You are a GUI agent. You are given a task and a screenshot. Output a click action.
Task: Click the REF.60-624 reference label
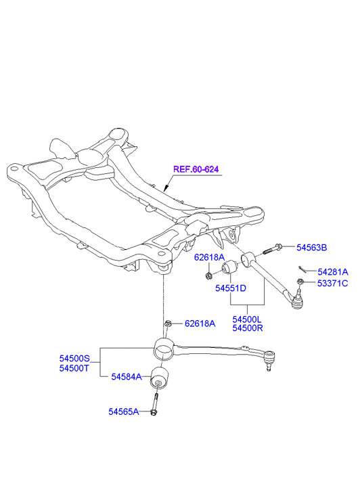click(x=196, y=169)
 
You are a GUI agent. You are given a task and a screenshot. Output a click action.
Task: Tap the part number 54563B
click(x=312, y=248)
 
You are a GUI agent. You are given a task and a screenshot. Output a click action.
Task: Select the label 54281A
click(x=333, y=272)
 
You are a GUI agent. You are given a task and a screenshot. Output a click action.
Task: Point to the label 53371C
click(x=332, y=284)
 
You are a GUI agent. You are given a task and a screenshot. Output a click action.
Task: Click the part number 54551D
click(x=230, y=288)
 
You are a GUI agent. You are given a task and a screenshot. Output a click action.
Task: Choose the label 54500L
click(x=247, y=319)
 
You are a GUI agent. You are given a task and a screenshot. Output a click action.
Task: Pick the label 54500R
click(x=247, y=328)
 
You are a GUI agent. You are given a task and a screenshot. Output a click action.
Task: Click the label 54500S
click(x=74, y=358)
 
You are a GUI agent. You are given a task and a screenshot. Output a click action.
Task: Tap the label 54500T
click(x=74, y=367)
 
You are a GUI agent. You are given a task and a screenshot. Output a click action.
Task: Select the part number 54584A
click(x=127, y=376)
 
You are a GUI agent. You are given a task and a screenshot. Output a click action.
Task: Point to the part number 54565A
click(x=124, y=411)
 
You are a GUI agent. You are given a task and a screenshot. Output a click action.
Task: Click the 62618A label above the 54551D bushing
click(x=209, y=257)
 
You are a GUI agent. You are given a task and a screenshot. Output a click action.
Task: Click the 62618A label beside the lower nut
click(x=200, y=323)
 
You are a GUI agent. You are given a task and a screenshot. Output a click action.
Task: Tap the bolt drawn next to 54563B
click(x=272, y=249)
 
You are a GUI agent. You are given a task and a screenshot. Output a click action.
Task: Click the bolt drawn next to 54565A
click(x=155, y=405)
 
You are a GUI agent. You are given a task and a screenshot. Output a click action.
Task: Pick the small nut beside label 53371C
click(x=300, y=281)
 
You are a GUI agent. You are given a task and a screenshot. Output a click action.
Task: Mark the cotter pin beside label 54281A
click(x=302, y=269)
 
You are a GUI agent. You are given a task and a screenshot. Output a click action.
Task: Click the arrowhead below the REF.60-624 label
click(x=166, y=188)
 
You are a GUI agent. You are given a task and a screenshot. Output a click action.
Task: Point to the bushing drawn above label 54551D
click(x=230, y=267)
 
